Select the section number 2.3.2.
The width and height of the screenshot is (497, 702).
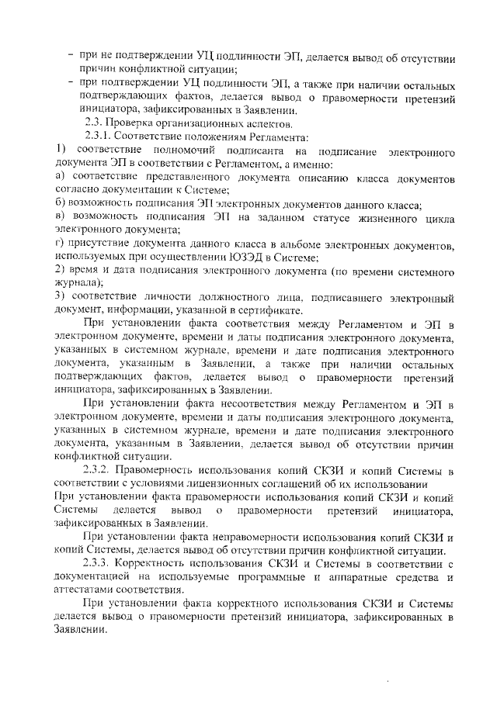[99, 471]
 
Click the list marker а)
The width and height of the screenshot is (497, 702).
[61, 178]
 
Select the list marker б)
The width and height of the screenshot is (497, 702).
[61, 204]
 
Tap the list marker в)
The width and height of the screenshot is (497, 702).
[61, 216]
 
